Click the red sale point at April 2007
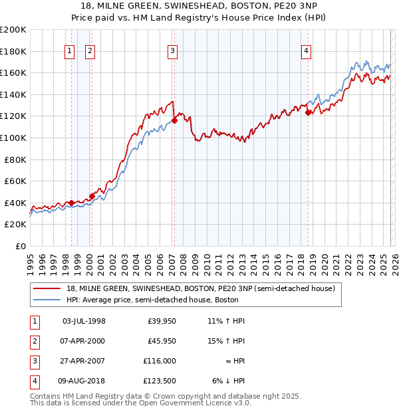tap(174, 120)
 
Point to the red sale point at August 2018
tap(308, 112)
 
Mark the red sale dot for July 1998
tap(71, 203)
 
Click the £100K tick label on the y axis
tap(13, 138)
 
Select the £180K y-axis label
tap(13, 51)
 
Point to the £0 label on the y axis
tap(19, 246)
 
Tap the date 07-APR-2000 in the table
tap(83, 341)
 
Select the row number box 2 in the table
tap(34, 341)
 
